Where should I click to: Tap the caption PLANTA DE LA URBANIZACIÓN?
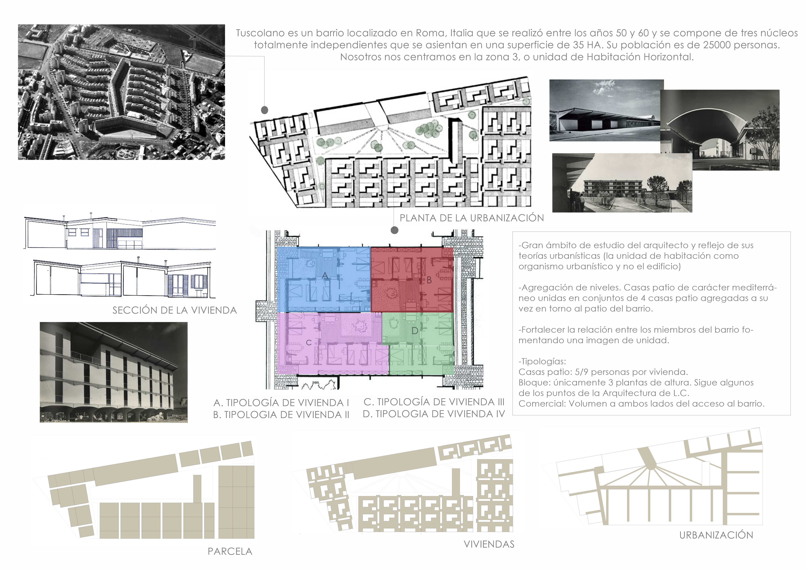pyautogui.click(x=472, y=218)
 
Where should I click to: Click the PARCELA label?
pyautogui.click(x=230, y=551)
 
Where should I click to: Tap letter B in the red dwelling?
pyautogui.click(x=429, y=280)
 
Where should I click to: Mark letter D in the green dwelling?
pyautogui.click(x=415, y=331)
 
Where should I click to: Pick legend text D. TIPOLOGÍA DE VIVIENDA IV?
pyautogui.click(x=434, y=414)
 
